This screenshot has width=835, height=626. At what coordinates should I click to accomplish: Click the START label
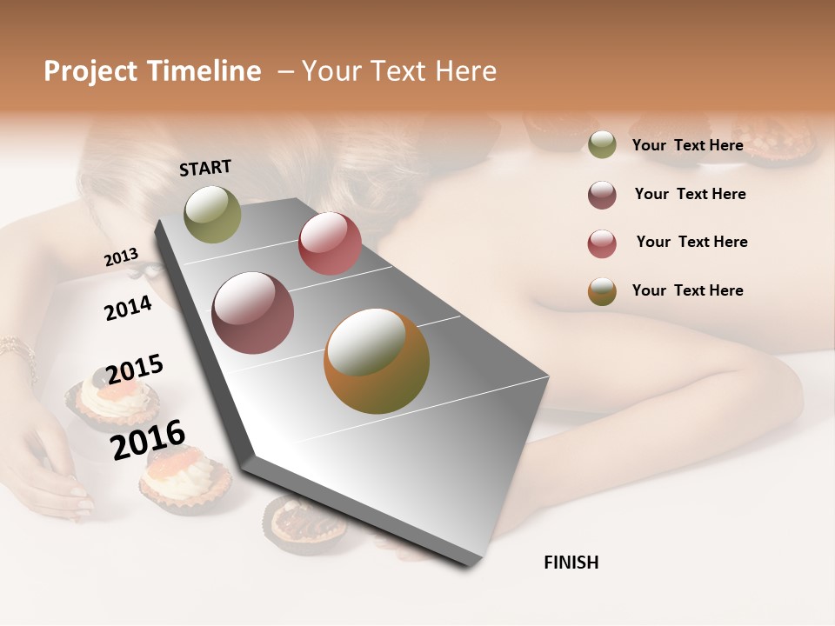(x=205, y=168)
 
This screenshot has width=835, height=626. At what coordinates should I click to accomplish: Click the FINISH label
(x=571, y=563)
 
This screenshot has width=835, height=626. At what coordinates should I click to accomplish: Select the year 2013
(x=121, y=257)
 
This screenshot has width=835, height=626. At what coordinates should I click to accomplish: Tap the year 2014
(x=128, y=308)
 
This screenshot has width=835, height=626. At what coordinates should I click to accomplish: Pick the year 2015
(x=135, y=370)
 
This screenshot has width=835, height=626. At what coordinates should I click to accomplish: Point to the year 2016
(x=148, y=439)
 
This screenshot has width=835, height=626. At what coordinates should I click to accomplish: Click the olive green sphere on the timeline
(x=212, y=214)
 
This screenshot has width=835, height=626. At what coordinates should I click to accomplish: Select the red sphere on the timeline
(x=330, y=243)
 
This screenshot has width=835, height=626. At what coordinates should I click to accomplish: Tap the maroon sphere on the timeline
(x=252, y=313)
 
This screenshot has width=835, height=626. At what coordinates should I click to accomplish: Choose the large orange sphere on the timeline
(x=376, y=361)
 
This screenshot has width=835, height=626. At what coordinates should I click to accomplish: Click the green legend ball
(x=602, y=145)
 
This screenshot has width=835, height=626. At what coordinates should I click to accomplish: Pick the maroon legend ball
(x=602, y=195)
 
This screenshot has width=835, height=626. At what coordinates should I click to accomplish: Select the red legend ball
(x=602, y=243)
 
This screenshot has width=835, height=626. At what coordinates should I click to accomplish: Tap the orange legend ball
(x=602, y=291)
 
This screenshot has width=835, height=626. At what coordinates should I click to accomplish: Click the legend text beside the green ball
(x=687, y=145)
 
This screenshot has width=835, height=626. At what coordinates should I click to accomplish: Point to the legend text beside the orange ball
(x=687, y=290)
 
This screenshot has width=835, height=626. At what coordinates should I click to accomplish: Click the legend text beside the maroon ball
(x=690, y=194)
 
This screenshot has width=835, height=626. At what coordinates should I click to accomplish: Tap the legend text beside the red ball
(x=691, y=242)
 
